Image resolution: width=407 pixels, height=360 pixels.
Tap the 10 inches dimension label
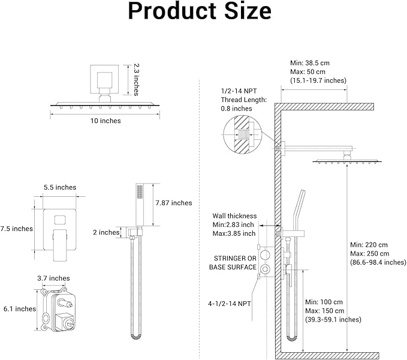click(x=106, y=121)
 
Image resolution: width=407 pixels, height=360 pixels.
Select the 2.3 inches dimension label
click(x=137, y=80)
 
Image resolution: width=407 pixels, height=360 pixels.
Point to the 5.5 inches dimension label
click(x=60, y=187)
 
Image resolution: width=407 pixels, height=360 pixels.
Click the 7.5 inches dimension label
click(x=16, y=229)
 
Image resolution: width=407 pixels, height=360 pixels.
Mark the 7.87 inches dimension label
click(x=173, y=203)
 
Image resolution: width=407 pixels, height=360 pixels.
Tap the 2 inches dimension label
click(x=105, y=232)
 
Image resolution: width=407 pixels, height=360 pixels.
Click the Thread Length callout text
click(x=244, y=100)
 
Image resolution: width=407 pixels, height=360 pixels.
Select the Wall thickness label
click(x=234, y=216)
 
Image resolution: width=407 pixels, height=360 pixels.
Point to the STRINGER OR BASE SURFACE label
click(x=233, y=262)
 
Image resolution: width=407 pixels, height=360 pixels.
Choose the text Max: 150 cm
click(x=324, y=310)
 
